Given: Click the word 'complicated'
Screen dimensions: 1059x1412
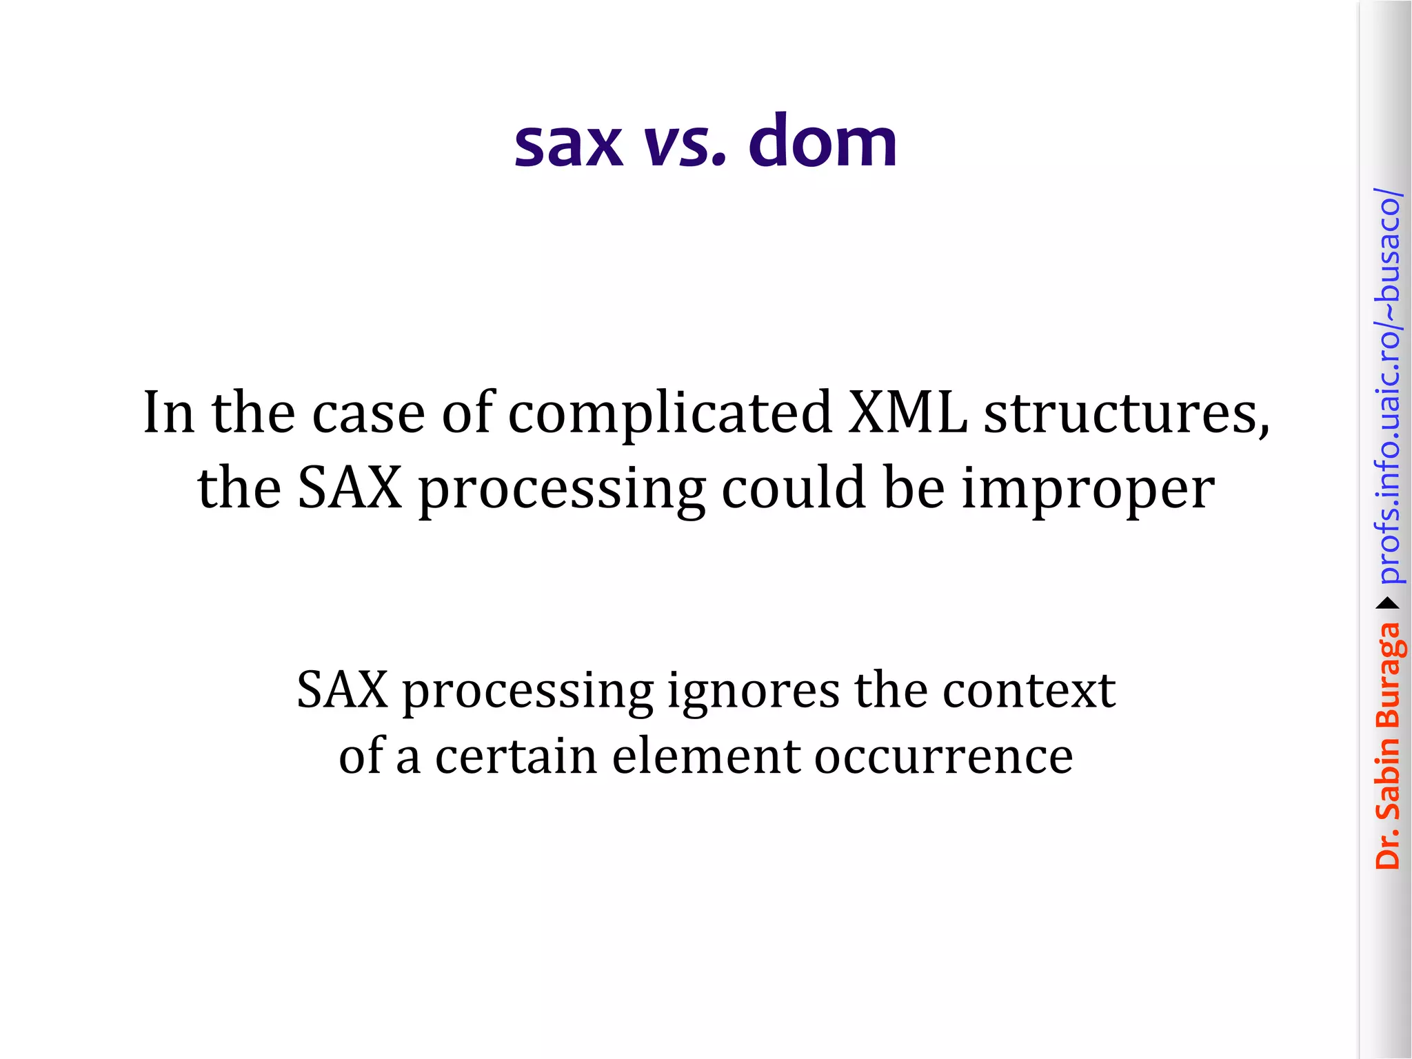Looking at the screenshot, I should pos(669,414).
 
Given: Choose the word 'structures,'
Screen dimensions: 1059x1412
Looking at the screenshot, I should pos(1126,414).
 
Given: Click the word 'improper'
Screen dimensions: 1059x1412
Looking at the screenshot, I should pos(1088,490).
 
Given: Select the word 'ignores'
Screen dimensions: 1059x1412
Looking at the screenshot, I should pos(753,692).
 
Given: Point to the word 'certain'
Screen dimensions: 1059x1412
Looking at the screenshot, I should pos(515,756).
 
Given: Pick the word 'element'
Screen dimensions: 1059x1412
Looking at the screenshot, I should pos(705,756).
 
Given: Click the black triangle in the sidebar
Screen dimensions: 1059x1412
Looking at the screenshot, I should pos(1387,604).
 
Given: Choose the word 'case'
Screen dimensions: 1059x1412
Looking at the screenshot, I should pos(368,414).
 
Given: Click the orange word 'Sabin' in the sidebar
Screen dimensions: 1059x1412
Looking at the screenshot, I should pos(1387,776).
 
